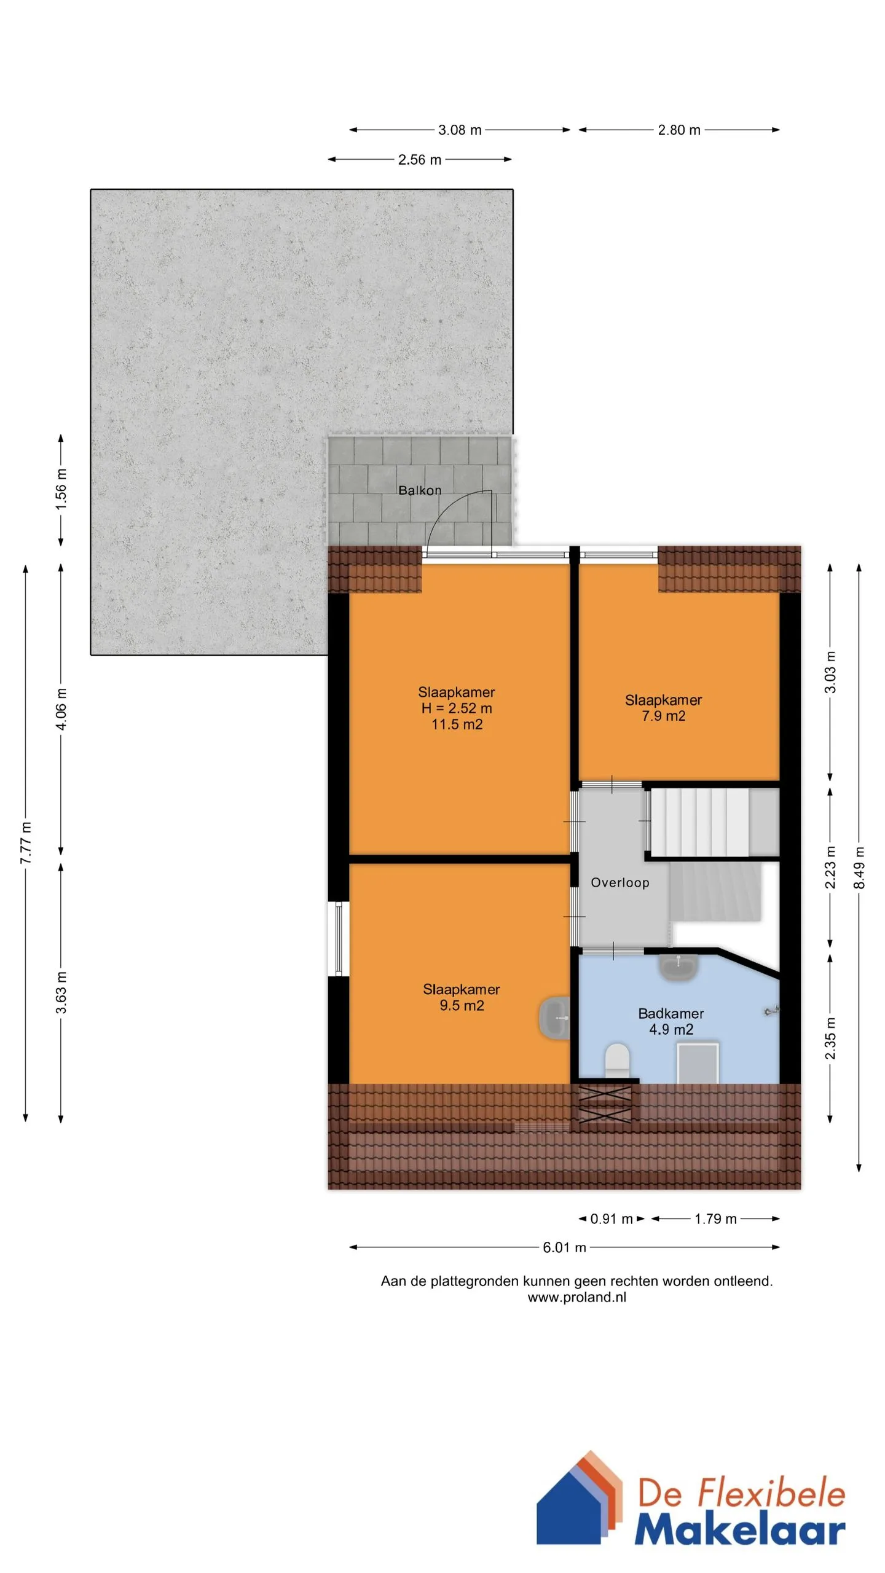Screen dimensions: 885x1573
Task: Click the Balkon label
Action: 420,490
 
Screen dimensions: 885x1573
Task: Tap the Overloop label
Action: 620,882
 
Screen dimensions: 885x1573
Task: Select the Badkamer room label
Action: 671,1013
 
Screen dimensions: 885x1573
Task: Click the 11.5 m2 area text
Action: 457,724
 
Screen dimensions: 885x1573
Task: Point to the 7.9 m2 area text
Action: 664,716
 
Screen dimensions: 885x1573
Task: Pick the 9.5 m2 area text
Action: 462,1005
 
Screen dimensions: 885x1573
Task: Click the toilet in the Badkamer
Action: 618,1061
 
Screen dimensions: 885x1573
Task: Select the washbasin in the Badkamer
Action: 678,967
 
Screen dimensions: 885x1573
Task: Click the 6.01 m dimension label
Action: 564,1247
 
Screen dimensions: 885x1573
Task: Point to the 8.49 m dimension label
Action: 859,868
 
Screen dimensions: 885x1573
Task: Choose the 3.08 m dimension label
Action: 460,130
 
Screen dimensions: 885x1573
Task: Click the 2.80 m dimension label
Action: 679,130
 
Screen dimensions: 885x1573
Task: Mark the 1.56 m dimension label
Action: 61,489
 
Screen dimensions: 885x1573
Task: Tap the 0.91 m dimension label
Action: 612,1219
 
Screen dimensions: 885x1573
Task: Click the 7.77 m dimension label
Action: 26,842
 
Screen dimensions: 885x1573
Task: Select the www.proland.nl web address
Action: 577,1298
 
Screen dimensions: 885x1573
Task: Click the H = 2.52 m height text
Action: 457,708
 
